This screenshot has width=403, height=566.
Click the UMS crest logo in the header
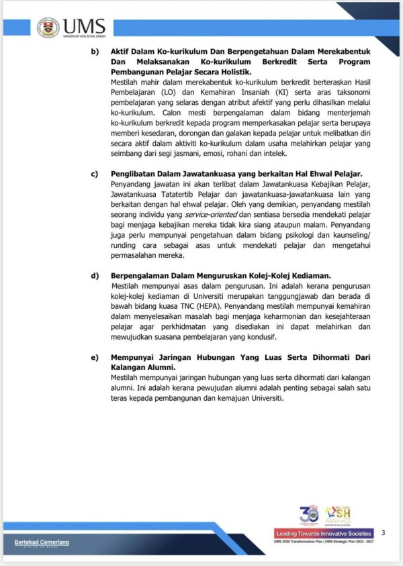(x=48, y=27)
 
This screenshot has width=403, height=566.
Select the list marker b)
(x=95, y=52)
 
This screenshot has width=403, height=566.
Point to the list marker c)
(x=95, y=174)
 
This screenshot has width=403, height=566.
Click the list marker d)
(x=95, y=275)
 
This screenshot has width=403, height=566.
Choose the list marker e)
(x=95, y=357)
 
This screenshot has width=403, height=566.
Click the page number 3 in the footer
(x=383, y=532)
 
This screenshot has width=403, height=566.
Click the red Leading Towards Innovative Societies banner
(x=324, y=533)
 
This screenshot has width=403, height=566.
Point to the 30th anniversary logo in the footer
(x=308, y=515)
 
